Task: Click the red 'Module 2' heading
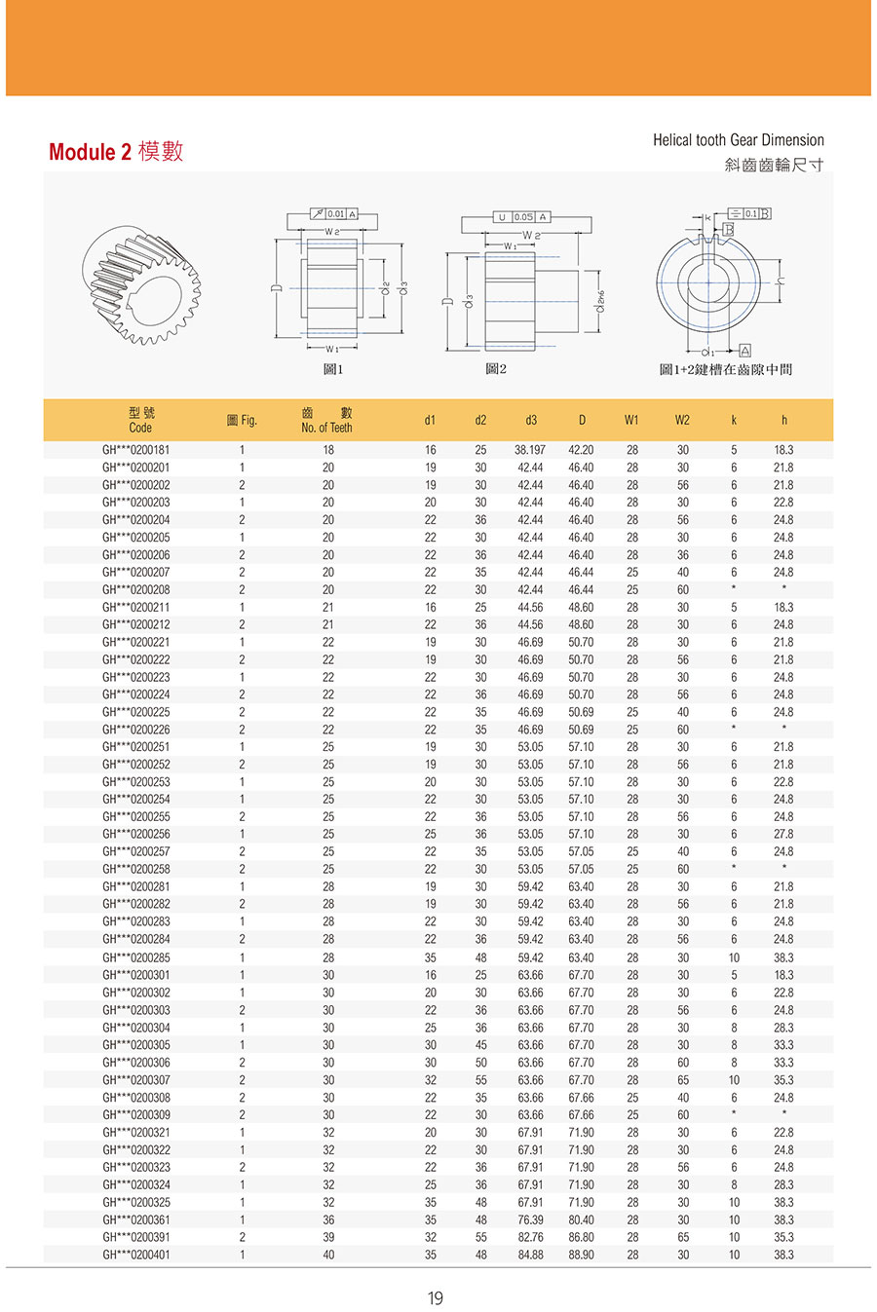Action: point(89,152)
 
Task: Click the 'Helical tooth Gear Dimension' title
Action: point(738,140)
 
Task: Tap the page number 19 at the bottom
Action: point(435,1297)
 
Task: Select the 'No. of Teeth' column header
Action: point(326,428)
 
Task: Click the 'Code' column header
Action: point(140,428)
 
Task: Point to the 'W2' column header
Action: point(682,421)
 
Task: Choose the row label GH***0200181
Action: point(135,450)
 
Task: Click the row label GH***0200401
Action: point(135,1255)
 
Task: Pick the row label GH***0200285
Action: point(135,957)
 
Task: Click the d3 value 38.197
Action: point(530,450)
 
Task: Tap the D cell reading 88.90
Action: point(581,1255)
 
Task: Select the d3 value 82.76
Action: point(530,1237)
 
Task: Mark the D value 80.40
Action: point(581,1219)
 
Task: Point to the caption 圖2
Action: point(496,370)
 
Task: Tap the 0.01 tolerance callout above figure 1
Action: point(334,213)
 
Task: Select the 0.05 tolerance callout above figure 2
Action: point(523,217)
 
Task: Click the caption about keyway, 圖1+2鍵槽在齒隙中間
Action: point(725,370)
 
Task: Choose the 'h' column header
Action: point(783,421)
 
